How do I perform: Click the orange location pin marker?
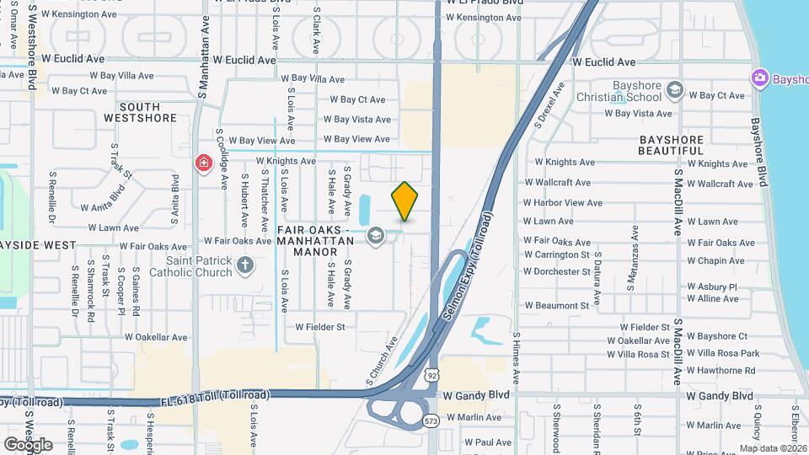coord(404,201)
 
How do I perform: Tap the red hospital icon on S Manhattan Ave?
coord(203,163)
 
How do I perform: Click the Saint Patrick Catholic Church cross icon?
coord(244,266)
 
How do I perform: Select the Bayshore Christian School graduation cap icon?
coord(674,89)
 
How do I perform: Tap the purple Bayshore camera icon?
coord(759,78)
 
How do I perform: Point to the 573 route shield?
coord(431,420)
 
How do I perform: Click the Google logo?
coord(28,444)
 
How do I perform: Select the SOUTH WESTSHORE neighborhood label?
coord(140,112)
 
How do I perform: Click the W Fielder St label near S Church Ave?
coord(320,327)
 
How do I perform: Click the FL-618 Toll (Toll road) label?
coord(215,395)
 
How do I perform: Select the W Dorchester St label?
coord(556,272)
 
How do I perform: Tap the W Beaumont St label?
coord(556,306)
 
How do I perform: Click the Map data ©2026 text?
coord(773,448)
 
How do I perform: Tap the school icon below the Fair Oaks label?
coord(374,236)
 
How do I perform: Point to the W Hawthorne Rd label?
coord(721,371)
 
